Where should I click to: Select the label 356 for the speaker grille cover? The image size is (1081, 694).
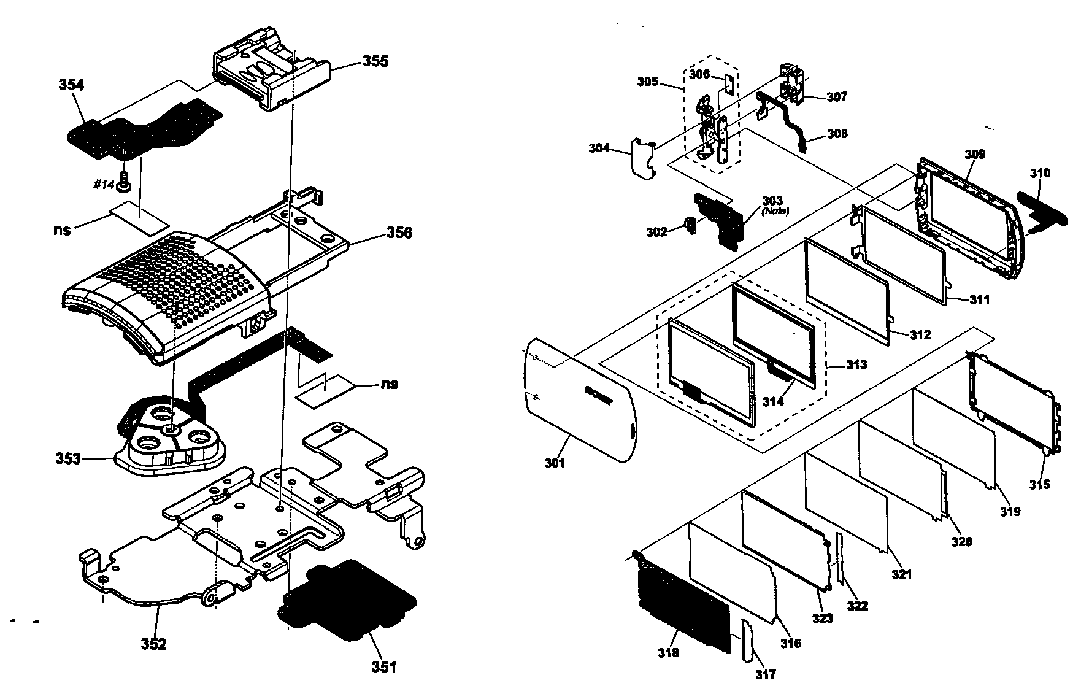pos(399,233)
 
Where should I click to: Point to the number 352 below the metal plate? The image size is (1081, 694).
pos(153,644)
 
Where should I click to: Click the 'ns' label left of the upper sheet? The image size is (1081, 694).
pos(63,229)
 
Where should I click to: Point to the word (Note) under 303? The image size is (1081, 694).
pos(775,211)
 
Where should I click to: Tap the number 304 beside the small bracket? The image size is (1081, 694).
pos(599,148)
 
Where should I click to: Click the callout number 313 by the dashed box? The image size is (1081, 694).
pos(856,364)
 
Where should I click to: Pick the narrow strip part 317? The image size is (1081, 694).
pos(748,641)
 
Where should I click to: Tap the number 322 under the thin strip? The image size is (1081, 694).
pos(857,606)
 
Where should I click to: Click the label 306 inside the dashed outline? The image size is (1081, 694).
pos(699,74)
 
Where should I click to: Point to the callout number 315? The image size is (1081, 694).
pos(1039,484)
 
